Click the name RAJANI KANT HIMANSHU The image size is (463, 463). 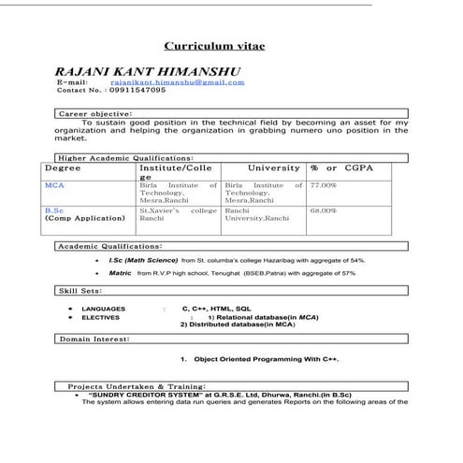(148, 71)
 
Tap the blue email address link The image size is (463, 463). (184, 82)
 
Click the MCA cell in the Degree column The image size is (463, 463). (54, 185)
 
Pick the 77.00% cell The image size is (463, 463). (324, 185)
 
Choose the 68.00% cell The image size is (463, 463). (324, 211)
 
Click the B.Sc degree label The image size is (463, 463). (54, 211)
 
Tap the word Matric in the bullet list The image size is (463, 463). (120, 273)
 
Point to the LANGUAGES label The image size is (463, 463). (101, 308)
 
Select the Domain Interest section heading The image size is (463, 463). (94, 339)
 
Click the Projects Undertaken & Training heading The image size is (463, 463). (136, 385)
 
